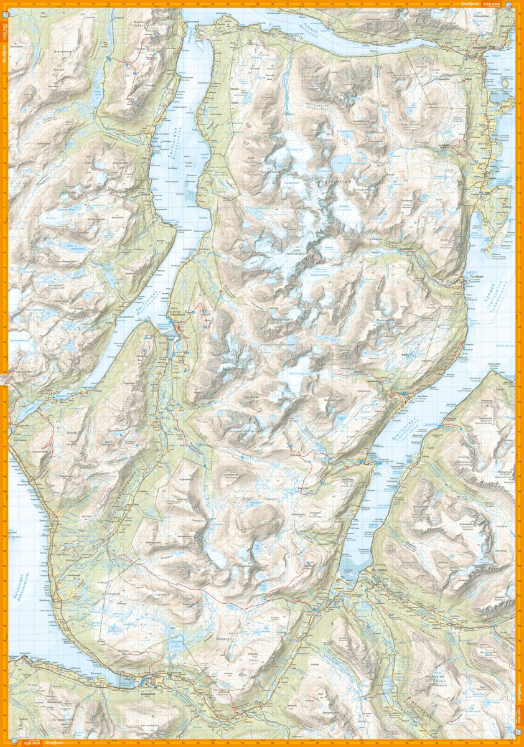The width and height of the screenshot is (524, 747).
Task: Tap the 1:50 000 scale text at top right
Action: tap(505, 4)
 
